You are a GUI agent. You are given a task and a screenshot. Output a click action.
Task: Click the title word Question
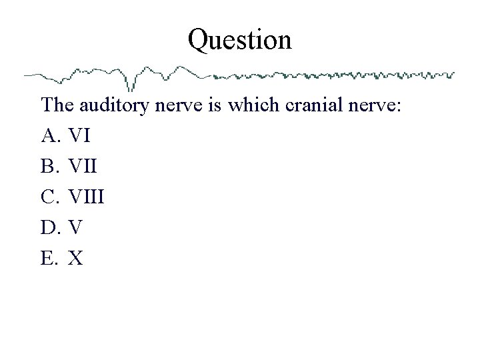click(x=239, y=40)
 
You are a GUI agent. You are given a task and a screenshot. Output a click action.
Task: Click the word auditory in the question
click(x=111, y=105)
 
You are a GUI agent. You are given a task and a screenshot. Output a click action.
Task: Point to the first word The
click(x=58, y=105)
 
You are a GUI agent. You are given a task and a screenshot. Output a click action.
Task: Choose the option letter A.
click(x=51, y=136)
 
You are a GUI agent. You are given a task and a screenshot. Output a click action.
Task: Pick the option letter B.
click(x=51, y=167)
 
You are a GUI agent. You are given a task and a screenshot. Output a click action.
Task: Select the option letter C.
click(x=51, y=197)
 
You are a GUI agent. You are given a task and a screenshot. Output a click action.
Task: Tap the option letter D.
click(x=51, y=228)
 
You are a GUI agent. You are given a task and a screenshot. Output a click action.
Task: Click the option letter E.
click(x=50, y=259)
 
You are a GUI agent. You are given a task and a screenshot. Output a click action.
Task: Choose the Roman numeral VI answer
click(x=79, y=136)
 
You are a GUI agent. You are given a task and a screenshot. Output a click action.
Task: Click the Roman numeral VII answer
click(x=84, y=167)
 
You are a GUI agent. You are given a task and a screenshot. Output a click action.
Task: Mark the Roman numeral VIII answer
click(x=88, y=197)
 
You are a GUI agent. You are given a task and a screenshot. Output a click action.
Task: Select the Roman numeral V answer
click(x=75, y=228)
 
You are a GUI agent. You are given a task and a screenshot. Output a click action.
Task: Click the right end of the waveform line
click(x=453, y=73)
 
